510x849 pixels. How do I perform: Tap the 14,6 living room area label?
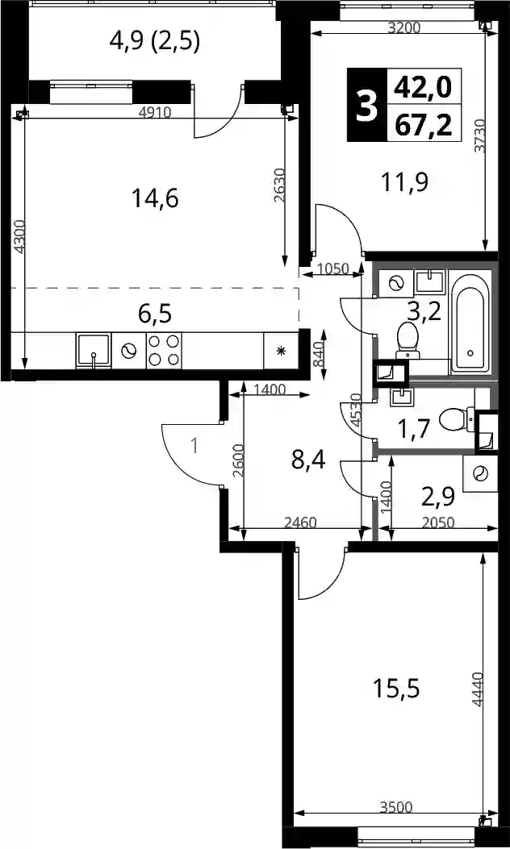pyautogui.click(x=155, y=198)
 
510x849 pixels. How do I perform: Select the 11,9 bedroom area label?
pyautogui.click(x=404, y=182)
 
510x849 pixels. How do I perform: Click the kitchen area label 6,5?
pyautogui.click(x=155, y=313)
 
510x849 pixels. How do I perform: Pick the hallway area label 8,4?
pyautogui.click(x=307, y=462)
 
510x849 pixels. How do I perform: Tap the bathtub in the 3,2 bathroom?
pyautogui.click(x=470, y=323)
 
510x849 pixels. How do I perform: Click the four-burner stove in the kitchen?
pyautogui.click(x=165, y=350)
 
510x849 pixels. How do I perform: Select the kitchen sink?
pyautogui.click(x=94, y=351)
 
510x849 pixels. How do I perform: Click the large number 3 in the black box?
pyautogui.click(x=367, y=105)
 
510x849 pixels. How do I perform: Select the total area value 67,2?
pyautogui.click(x=423, y=126)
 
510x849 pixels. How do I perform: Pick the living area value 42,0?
pyautogui.click(x=423, y=86)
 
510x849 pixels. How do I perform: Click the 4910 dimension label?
pyautogui.click(x=155, y=113)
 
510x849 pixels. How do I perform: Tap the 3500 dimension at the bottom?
pyautogui.click(x=396, y=808)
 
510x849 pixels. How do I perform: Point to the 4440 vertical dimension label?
pyautogui.click(x=477, y=689)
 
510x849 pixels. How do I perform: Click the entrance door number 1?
pyautogui.click(x=195, y=447)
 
